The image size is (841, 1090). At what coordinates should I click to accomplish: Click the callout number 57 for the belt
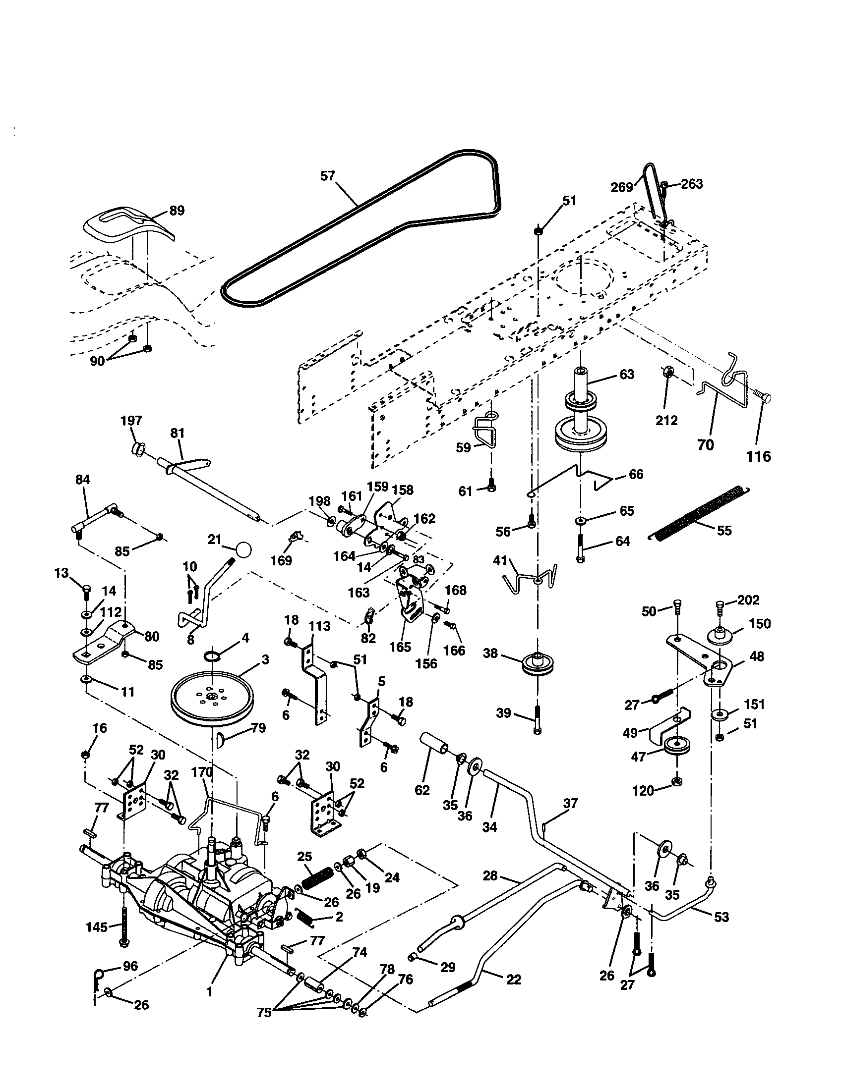328,176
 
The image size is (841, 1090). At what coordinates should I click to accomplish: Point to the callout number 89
177,211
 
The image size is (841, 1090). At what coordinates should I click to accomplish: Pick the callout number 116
759,456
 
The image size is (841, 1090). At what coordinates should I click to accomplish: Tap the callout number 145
96,927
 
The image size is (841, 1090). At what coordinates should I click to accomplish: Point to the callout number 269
622,187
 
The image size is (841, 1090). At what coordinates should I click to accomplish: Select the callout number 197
131,421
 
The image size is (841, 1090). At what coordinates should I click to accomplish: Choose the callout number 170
201,772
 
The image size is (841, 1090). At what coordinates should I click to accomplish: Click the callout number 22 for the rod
513,980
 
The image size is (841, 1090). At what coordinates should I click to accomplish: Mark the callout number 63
626,374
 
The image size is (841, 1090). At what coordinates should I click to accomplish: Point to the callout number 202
748,600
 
